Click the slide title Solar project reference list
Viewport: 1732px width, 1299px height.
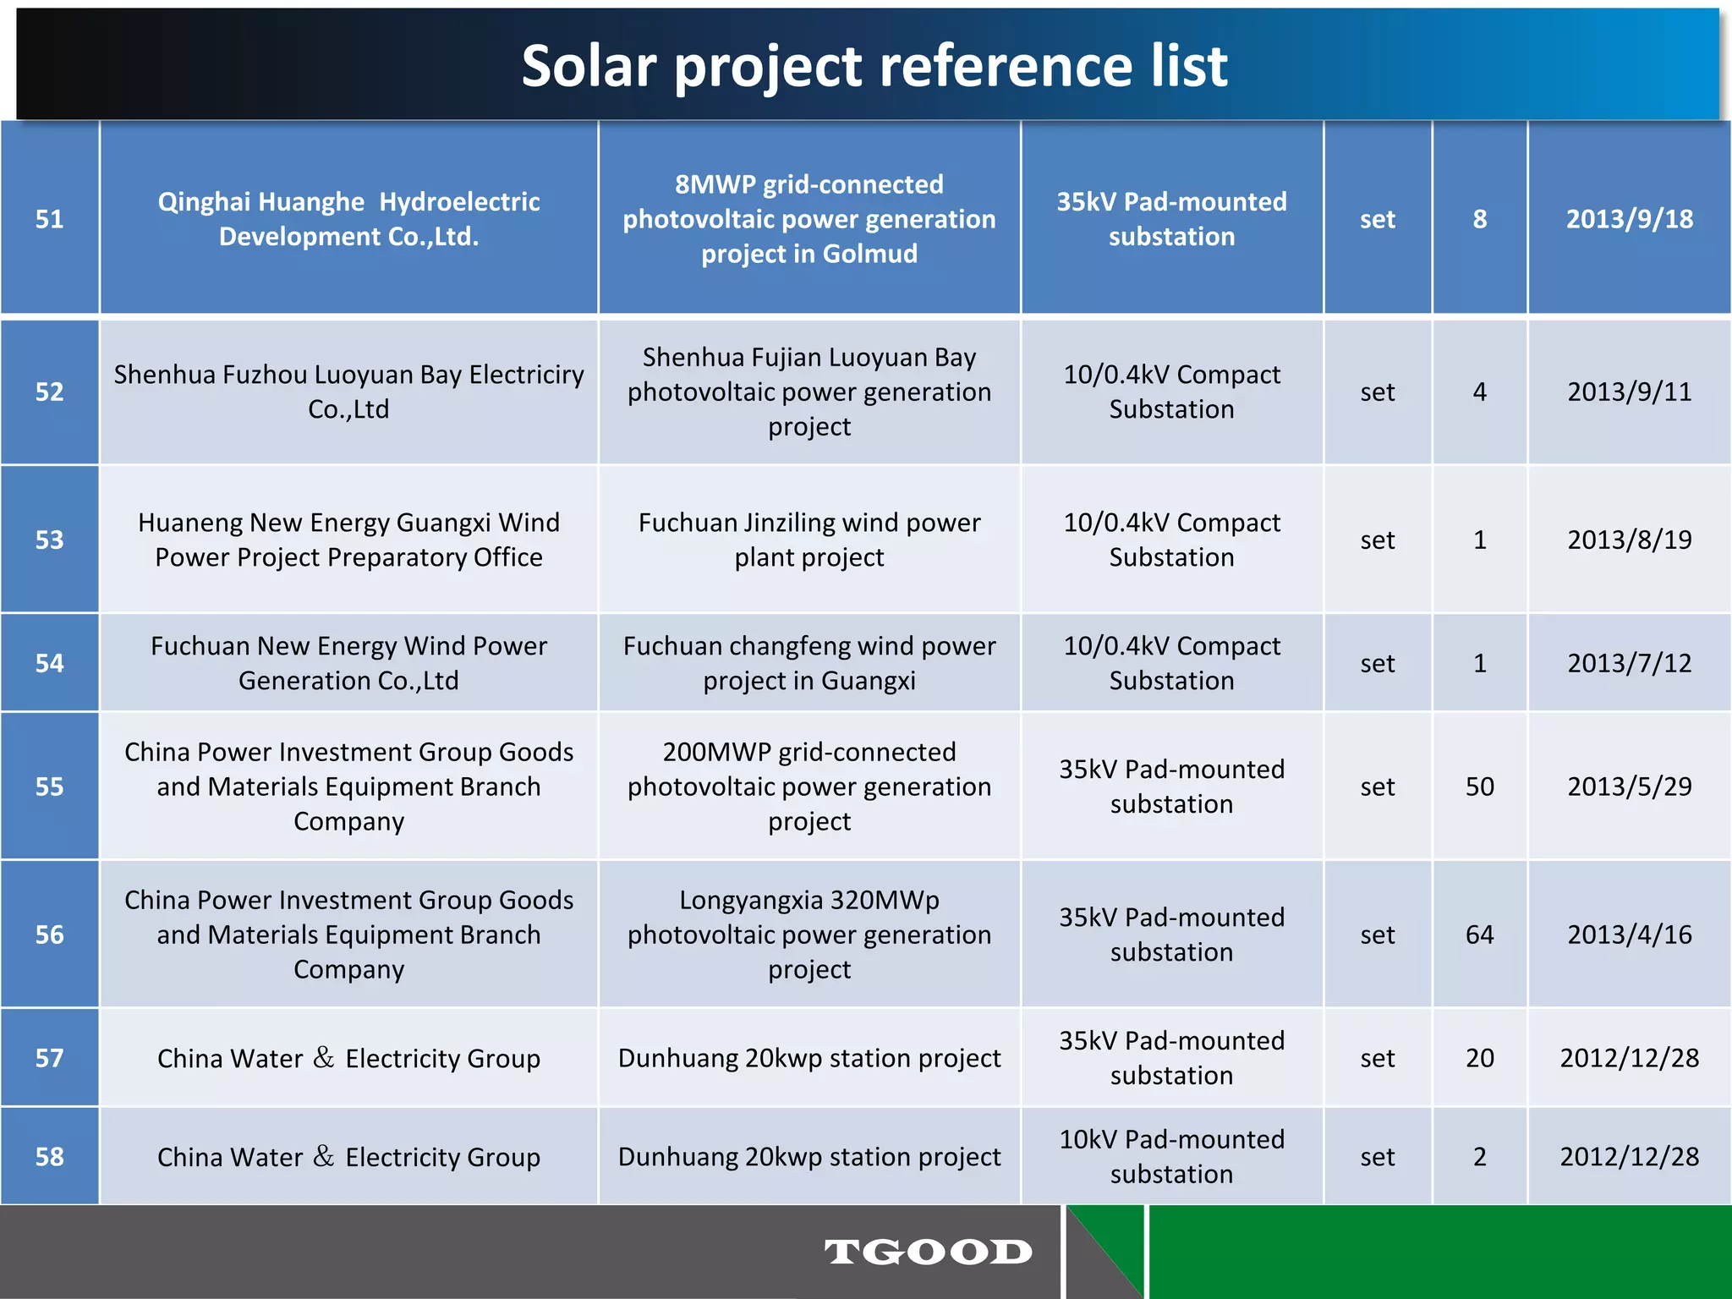pyautogui.click(x=874, y=66)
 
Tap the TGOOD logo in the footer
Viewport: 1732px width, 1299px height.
pyautogui.click(x=929, y=1252)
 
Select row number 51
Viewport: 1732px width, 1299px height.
pyautogui.click(x=49, y=219)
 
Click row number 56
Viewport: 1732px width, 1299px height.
pyautogui.click(x=49, y=935)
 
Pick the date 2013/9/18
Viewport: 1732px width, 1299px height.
pyautogui.click(x=1629, y=219)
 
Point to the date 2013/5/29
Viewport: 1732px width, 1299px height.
pyautogui.click(x=1629, y=787)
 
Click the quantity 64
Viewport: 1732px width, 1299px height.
pyautogui.click(x=1479, y=935)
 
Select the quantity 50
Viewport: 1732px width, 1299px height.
pyautogui.click(x=1479, y=787)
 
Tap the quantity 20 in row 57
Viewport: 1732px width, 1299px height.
pyautogui.click(x=1479, y=1058)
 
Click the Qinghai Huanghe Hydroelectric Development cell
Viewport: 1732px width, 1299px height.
pyautogui.click(x=348, y=219)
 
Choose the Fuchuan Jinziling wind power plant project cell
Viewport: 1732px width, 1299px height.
pyautogui.click(x=809, y=540)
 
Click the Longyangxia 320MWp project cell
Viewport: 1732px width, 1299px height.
pyautogui.click(x=809, y=935)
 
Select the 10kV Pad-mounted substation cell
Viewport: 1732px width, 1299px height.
pyautogui.click(x=1171, y=1157)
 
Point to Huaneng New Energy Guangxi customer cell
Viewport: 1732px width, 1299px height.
pyautogui.click(x=348, y=540)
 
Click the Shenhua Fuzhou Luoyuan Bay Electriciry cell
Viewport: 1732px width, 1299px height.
pyautogui.click(x=348, y=392)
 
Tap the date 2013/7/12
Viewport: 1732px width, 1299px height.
pyautogui.click(x=1629, y=663)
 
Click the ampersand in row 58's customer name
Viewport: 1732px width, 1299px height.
pyautogui.click(x=323, y=1156)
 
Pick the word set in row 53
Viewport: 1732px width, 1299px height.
pyautogui.click(x=1377, y=540)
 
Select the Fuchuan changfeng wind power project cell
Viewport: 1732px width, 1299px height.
pyautogui.click(x=809, y=663)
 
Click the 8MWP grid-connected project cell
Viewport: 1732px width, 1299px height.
pyautogui.click(x=809, y=219)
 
